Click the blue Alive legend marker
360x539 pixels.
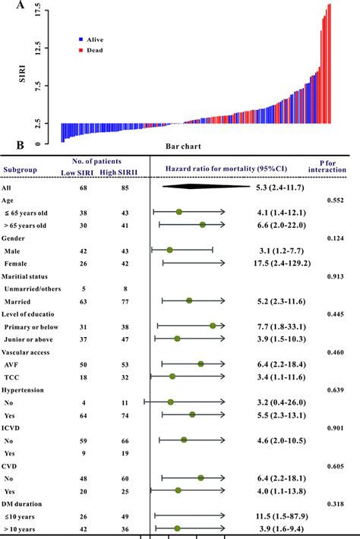80,38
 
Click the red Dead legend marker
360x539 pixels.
80,50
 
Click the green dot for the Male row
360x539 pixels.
169,249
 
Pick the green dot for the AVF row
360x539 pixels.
201,364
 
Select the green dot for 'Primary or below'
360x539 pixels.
213,326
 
